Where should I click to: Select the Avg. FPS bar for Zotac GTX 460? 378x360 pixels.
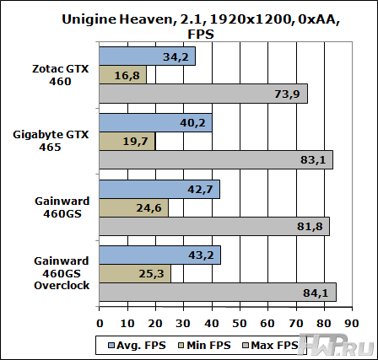point(148,56)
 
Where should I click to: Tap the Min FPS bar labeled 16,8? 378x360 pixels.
point(123,75)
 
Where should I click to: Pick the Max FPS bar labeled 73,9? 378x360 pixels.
point(203,94)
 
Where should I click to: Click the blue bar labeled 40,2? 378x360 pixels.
point(156,123)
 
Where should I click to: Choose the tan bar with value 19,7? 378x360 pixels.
point(127,142)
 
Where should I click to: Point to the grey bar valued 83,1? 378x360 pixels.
point(216,160)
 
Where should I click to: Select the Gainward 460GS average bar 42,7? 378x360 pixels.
point(159,190)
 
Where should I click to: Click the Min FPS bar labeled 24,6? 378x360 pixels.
point(134,208)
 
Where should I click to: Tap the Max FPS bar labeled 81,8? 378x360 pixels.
point(214,227)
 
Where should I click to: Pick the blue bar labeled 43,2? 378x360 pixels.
point(160,255)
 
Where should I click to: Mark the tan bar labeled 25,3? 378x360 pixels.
point(135,273)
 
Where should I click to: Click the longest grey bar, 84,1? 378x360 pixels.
point(218,292)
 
